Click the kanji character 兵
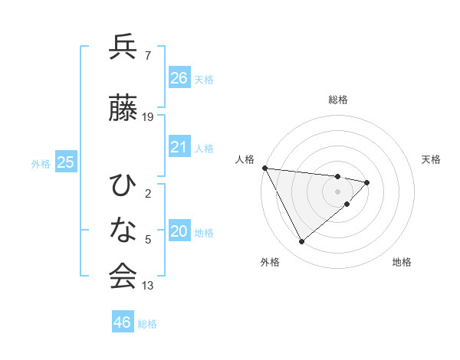pyautogui.click(x=123, y=48)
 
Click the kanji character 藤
pyautogui.click(x=123, y=108)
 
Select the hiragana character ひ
pyautogui.click(x=123, y=185)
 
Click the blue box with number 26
pyautogui.click(x=179, y=77)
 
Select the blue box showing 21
pyautogui.click(x=179, y=147)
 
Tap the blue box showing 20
pyautogui.click(x=179, y=231)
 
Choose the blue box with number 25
pyautogui.click(x=65, y=162)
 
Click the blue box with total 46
pyautogui.click(x=122, y=322)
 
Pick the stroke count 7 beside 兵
pyautogui.click(x=147, y=55)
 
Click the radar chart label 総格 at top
pyautogui.click(x=338, y=100)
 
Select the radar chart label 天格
pyautogui.click(x=432, y=159)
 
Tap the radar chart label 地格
pyautogui.click(x=402, y=262)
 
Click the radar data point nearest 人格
pyautogui.click(x=264, y=168)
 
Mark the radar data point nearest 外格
pyautogui.click(x=301, y=242)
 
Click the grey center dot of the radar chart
pyautogui.click(x=338, y=191)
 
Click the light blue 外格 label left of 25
pyautogui.click(x=41, y=163)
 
